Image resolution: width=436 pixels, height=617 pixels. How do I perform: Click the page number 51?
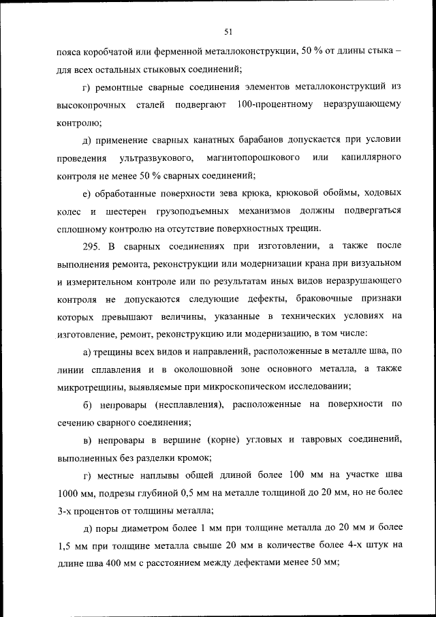coord(228,30)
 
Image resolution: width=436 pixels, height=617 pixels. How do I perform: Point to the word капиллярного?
coord(367,158)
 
